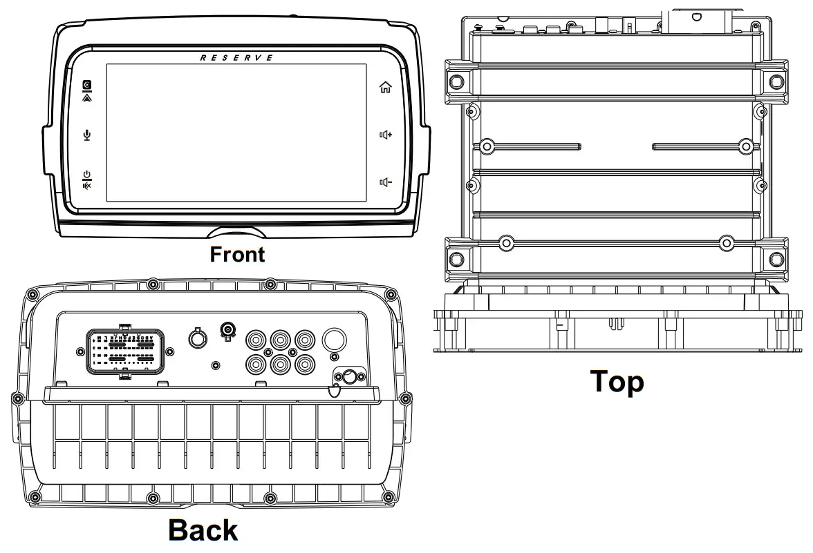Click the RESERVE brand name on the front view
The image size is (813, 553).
click(x=236, y=58)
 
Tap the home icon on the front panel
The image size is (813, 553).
click(x=385, y=87)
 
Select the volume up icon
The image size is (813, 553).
click(x=385, y=135)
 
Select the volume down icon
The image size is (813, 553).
click(x=385, y=182)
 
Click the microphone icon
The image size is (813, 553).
click(x=86, y=135)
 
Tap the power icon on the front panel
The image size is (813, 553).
click(x=86, y=174)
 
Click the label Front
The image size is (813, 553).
click(x=237, y=255)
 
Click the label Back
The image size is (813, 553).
click(x=203, y=530)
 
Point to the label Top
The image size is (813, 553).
click(x=616, y=382)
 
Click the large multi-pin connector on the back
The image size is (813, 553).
click(x=125, y=351)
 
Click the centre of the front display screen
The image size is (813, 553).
click(x=236, y=133)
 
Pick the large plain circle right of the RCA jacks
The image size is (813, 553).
click(x=335, y=338)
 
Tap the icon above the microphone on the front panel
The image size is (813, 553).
click(x=86, y=90)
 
